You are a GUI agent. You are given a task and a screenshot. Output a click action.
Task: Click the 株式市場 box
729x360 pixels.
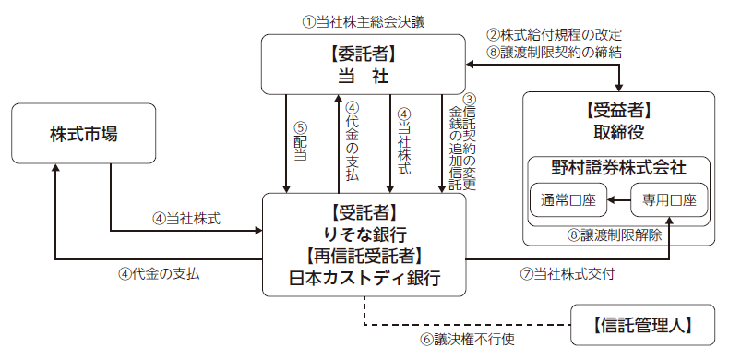(84, 134)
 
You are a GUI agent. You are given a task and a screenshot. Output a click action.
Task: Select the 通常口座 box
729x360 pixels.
(568, 200)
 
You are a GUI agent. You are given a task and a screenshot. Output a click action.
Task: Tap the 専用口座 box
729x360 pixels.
(670, 200)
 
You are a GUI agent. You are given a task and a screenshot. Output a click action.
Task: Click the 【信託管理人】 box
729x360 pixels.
(643, 325)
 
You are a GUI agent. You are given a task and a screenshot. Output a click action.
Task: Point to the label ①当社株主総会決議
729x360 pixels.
(363, 22)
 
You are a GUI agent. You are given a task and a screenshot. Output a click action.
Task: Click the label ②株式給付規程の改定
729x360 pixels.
(555, 35)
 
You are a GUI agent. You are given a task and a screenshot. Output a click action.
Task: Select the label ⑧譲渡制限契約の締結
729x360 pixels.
(555, 52)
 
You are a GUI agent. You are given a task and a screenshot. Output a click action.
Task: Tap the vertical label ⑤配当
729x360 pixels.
(301, 142)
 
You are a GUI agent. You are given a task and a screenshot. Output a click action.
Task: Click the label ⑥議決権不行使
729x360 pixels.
(468, 339)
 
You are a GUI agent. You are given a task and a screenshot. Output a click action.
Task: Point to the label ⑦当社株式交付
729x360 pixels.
(568, 274)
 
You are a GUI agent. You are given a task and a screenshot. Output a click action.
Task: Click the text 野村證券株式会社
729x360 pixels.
(619, 167)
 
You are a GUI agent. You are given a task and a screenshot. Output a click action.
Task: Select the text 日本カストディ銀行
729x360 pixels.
(364, 278)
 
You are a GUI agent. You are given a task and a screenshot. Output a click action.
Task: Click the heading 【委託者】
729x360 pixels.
(364, 54)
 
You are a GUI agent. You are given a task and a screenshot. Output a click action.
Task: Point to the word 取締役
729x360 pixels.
(619, 132)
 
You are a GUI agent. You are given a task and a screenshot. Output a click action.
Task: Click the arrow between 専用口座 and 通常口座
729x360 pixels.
(619, 200)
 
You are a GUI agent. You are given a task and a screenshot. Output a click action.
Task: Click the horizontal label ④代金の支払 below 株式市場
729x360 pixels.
(159, 274)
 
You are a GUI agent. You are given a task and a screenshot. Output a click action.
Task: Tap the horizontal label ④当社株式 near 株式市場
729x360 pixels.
(186, 218)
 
